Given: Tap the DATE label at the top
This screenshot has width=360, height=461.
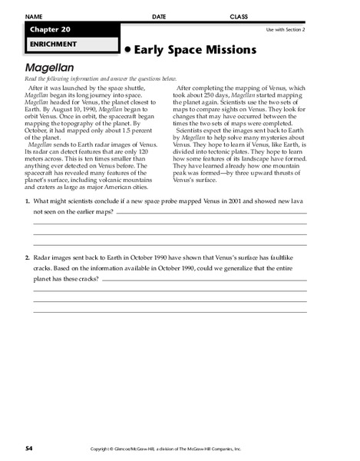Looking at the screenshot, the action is click(x=159, y=16).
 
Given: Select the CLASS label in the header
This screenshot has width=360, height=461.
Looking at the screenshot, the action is click(x=239, y=16).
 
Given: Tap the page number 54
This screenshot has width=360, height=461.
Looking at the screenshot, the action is click(x=28, y=447).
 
